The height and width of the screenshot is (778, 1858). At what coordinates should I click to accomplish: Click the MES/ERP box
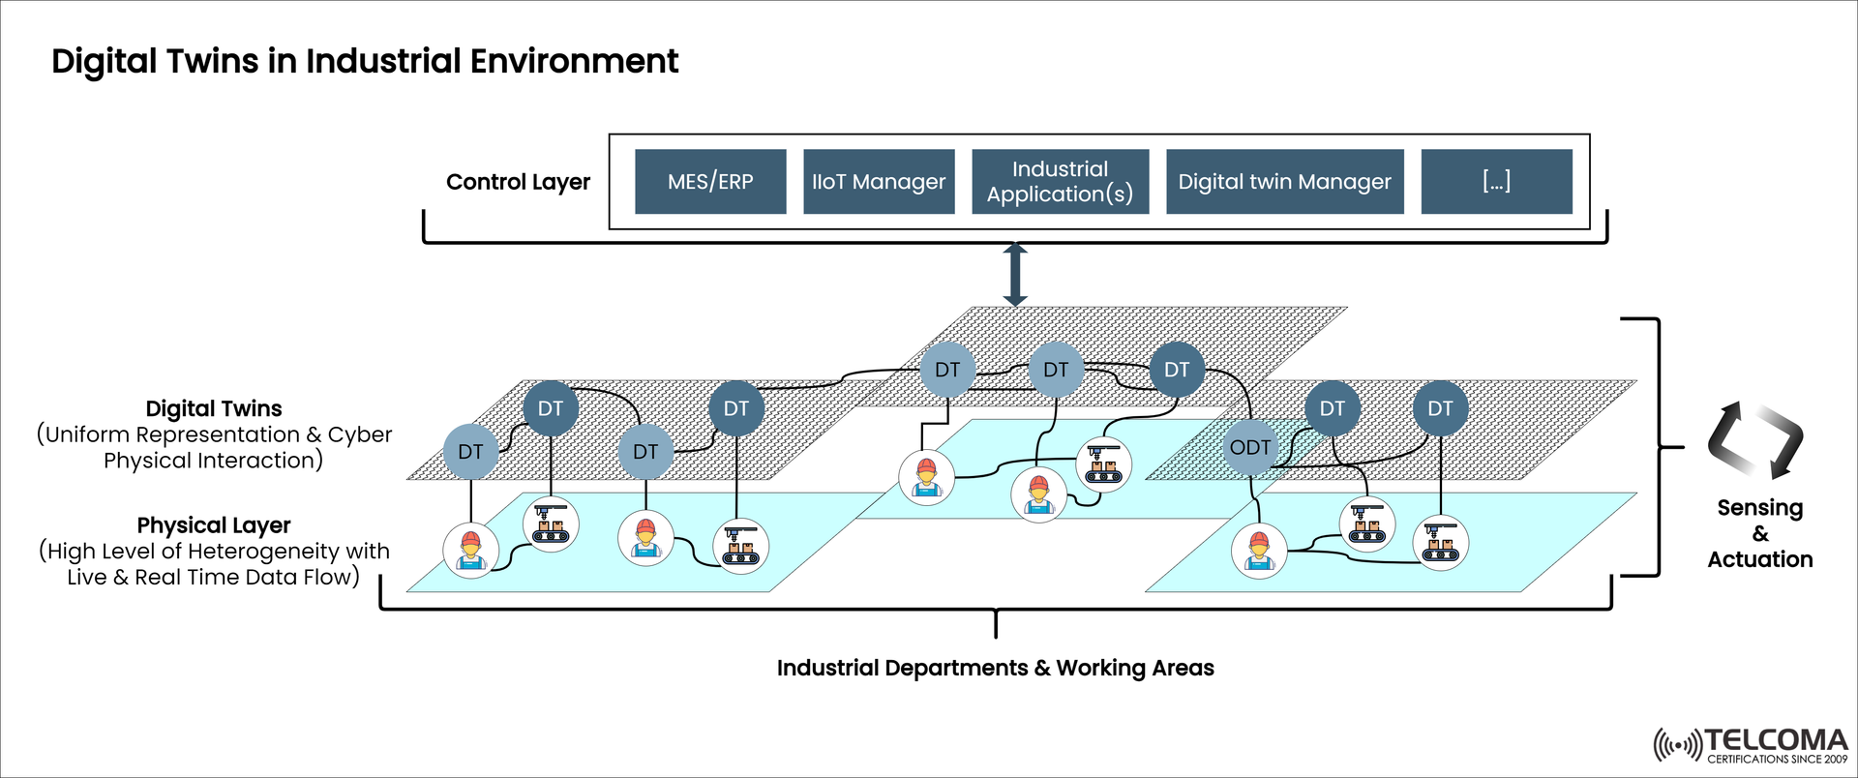tap(710, 181)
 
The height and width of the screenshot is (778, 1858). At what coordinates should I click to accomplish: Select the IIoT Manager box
tap(879, 181)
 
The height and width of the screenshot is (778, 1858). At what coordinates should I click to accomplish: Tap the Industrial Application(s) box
tap(1060, 181)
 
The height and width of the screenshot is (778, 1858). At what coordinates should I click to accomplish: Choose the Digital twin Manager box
tap(1284, 181)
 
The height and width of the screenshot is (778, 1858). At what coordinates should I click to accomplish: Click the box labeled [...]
tap(1496, 181)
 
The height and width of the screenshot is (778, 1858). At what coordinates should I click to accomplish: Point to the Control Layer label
tap(518, 182)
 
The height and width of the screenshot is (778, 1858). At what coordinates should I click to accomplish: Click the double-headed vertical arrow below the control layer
tap(1014, 275)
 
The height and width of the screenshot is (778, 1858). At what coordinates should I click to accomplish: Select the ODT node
tap(1249, 447)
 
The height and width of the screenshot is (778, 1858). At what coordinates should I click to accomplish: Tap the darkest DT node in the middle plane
tap(1176, 369)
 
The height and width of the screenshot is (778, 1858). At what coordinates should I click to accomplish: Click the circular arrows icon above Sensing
tap(1754, 440)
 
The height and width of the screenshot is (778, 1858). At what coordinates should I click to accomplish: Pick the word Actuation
tap(1759, 559)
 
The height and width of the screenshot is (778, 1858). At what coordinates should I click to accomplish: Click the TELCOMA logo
tap(1751, 745)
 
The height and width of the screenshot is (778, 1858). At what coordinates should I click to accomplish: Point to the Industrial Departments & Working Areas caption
tap(995, 668)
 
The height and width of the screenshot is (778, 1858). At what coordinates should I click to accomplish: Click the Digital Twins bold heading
tap(214, 408)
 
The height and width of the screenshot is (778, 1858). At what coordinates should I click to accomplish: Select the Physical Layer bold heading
tap(214, 525)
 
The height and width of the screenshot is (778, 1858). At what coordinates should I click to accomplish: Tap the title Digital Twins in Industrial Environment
tap(365, 61)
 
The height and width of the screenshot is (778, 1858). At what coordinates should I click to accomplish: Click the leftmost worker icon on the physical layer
tap(470, 551)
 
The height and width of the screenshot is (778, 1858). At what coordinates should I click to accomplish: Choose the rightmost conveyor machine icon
tap(1440, 542)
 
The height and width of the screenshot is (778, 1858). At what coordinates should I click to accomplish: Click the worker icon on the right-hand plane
tap(1258, 551)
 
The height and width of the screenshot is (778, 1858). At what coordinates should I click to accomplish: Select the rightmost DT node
tap(1439, 408)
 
